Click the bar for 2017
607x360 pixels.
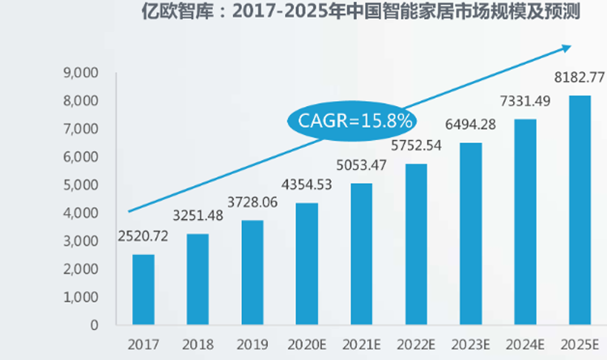coord(143,290)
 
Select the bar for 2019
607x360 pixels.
coord(253,273)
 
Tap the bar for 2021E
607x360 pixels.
coord(361,254)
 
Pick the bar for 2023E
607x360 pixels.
coord(471,234)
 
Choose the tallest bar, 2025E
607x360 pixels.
coord(580,210)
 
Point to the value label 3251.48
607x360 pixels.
coord(198,217)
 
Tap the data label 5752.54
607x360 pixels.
coord(417,146)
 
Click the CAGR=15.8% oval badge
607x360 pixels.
coord(351,121)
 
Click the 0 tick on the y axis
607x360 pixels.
coord(94,324)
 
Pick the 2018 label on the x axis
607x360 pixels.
coord(198,343)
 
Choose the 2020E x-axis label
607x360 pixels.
coord(307,343)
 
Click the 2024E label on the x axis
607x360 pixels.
coord(526,343)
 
